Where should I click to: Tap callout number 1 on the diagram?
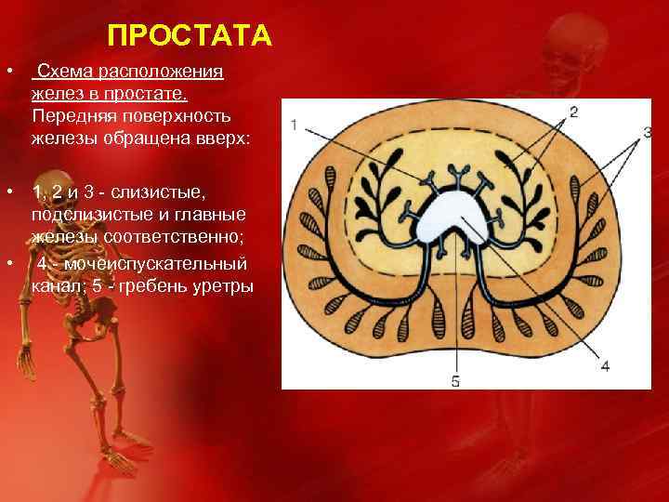(x=294, y=125)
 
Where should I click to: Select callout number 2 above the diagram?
(x=573, y=112)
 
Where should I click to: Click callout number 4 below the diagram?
(x=605, y=366)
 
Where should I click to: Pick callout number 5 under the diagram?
(x=455, y=380)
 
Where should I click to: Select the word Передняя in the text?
(x=67, y=116)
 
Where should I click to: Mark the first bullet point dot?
(x=7, y=73)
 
